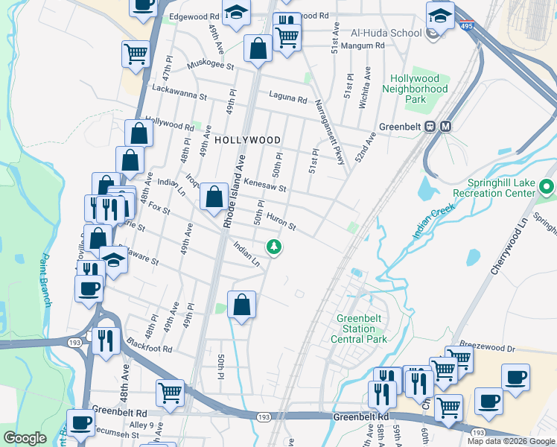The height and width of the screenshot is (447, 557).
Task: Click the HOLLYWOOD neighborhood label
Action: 246,140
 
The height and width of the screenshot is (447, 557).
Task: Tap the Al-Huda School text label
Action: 386,34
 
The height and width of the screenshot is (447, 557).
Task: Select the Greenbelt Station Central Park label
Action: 361,329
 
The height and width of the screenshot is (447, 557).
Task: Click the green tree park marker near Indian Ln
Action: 275,246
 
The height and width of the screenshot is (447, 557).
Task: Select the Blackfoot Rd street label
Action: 149,348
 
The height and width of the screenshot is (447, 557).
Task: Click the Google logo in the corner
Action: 25,438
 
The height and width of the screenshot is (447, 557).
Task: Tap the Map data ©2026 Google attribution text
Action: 510,441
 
